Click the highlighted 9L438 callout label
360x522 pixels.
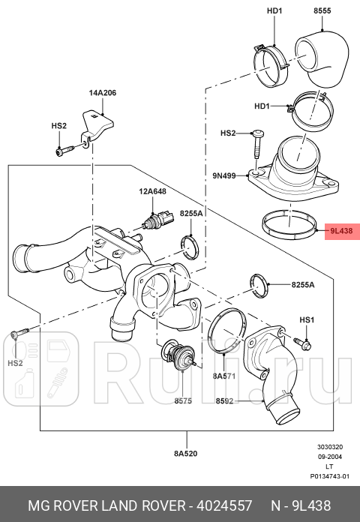[x=340, y=232]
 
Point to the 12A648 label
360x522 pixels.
[x=151, y=192]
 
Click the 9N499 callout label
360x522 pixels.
[x=224, y=176]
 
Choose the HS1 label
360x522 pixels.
[x=306, y=320]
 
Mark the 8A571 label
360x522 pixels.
[x=224, y=375]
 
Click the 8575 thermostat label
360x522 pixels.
[x=184, y=401]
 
